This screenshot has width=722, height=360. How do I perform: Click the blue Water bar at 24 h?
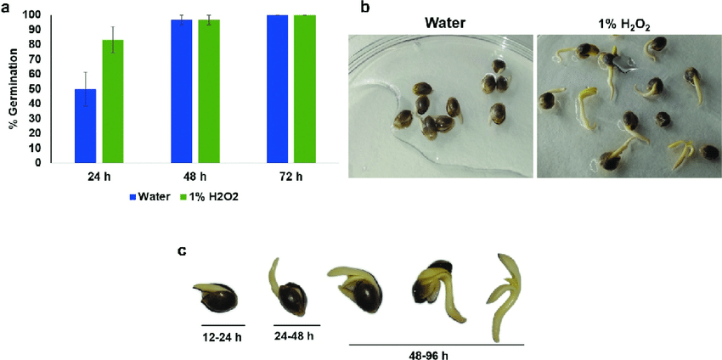click(85, 126)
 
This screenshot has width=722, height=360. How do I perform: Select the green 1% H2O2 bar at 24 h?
click(113, 101)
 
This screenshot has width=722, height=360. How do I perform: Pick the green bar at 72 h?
click(305, 88)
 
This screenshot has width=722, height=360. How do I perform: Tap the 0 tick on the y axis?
click(38, 162)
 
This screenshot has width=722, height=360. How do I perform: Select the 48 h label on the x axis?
click(195, 178)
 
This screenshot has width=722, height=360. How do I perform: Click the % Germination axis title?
click(13, 89)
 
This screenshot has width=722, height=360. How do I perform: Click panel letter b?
click(366, 8)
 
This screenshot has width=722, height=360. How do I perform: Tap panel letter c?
click(182, 251)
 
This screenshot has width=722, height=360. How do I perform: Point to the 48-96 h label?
click(436, 353)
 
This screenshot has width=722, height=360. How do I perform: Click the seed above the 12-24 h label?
click(216, 297)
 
